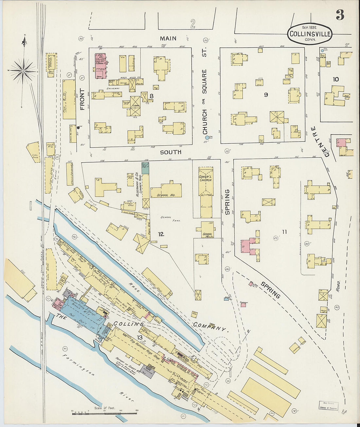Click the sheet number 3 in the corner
click(x=340, y=15)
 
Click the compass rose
click(x=23, y=70)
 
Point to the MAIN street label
click(x=168, y=39)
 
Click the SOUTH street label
click(x=171, y=152)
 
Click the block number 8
click(x=152, y=96)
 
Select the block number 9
click(x=266, y=95)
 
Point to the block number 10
click(x=335, y=79)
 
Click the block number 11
click(x=284, y=232)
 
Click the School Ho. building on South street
click(x=166, y=190)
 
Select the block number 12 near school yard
click(x=161, y=234)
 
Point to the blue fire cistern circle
click(x=207, y=138)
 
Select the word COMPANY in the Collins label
click(x=209, y=326)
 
